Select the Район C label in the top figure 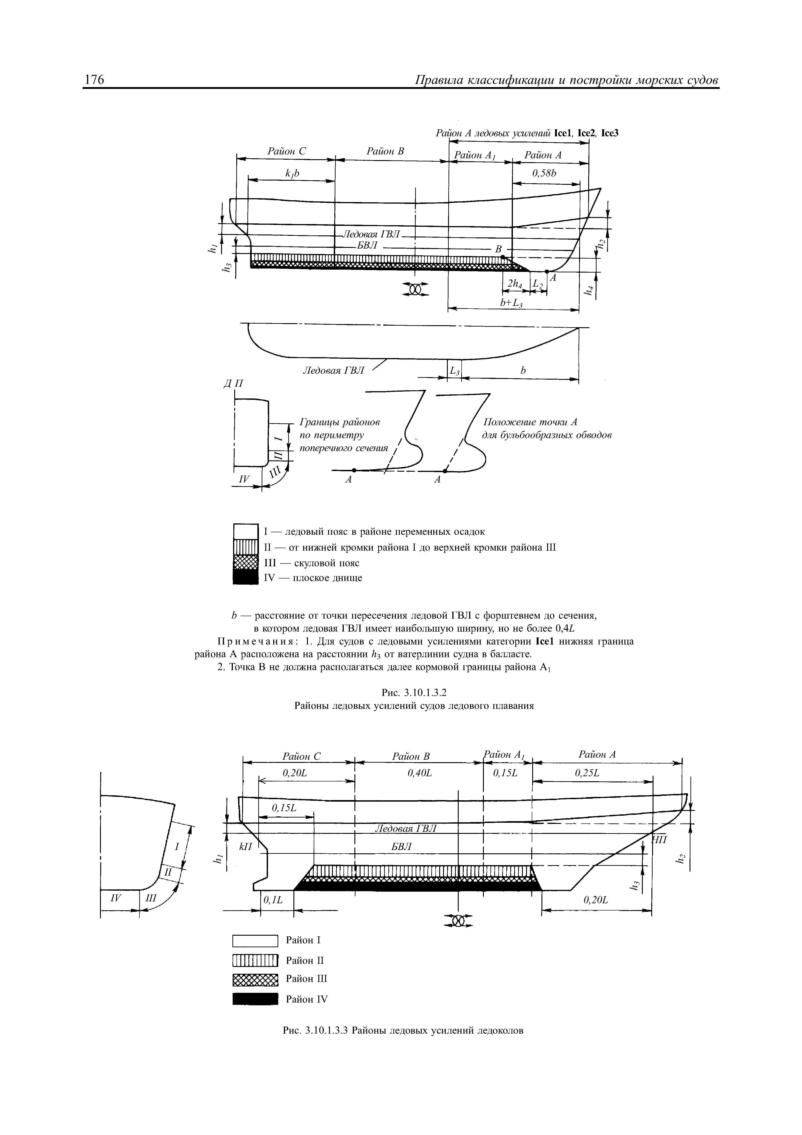point(287,151)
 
